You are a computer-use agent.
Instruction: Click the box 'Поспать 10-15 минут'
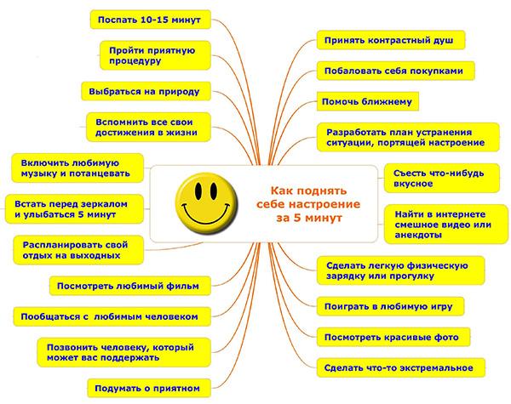click(151, 20)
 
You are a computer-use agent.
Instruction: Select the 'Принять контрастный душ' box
click(391, 40)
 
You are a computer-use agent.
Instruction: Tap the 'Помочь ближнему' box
click(368, 101)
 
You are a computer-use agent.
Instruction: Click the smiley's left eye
click(198, 191)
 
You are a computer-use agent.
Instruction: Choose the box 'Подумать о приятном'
click(149, 388)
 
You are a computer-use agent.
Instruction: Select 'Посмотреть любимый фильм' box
click(130, 286)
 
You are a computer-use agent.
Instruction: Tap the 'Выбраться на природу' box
click(146, 91)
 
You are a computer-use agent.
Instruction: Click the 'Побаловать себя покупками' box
click(396, 71)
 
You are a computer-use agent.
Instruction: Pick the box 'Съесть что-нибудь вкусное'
click(442, 178)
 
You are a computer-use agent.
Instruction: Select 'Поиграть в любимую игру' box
click(390, 306)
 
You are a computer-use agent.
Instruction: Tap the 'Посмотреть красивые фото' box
click(393, 338)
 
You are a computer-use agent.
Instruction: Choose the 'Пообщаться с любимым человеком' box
click(112, 316)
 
